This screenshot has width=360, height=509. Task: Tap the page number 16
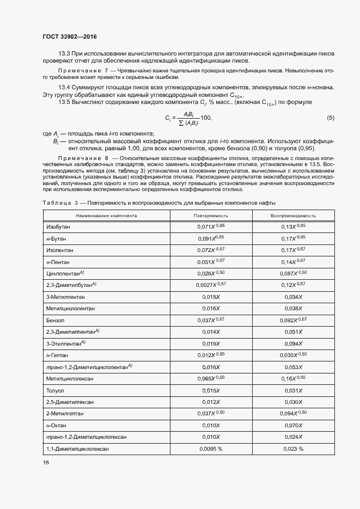click(46, 462)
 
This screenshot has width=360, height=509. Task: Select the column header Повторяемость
click(211, 216)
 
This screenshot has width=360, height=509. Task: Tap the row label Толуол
click(56, 390)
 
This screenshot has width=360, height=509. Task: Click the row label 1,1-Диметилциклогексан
click(77, 449)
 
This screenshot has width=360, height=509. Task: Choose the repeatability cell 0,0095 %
click(210, 449)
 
